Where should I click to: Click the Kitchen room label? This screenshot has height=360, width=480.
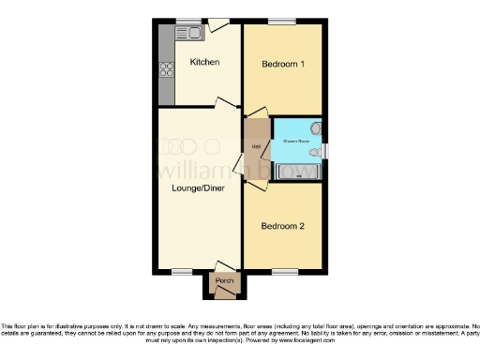pyautogui.click(x=204, y=63)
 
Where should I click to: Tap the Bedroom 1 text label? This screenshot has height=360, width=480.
pyautogui.click(x=283, y=65)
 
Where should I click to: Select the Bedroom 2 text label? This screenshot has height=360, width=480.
pyautogui.click(x=283, y=226)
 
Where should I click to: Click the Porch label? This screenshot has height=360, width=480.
pyautogui.click(x=225, y=280)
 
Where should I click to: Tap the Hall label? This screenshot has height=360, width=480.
pyautogui.click(x=256, y=145)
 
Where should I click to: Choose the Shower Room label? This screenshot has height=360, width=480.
pyautogui.click(x=296, y=142)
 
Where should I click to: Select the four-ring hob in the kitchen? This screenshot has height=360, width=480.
pyautogui.click(x=167, y=68)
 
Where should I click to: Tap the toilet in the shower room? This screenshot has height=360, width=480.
pyautogui.click(x=316, y=128)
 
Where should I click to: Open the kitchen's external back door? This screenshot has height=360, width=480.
pyautogui.click(x=218, y=24)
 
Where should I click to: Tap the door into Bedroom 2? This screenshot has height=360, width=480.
pyautogui.click(x=253, y=186)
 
